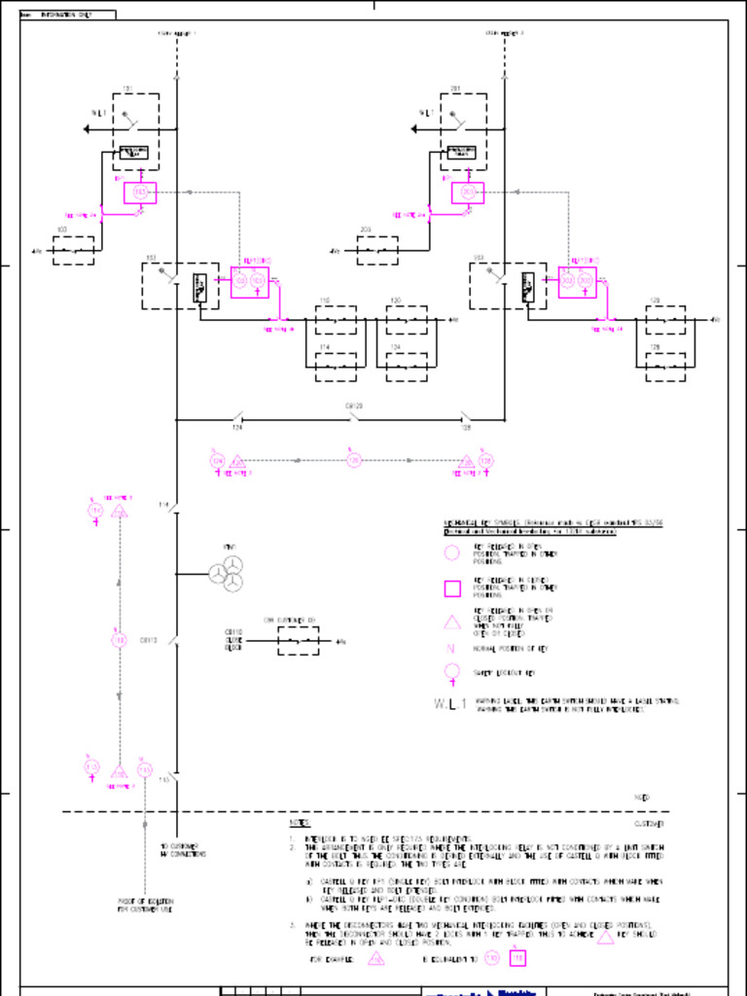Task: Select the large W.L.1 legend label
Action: (x=451, y=703)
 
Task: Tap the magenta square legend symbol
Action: (x=452, y=587)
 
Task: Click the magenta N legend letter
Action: (x=451, y=648)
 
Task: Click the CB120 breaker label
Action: (x=354, y=405)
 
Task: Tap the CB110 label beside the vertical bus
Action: (x=149, y=640)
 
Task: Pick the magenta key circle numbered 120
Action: (x=354, y=460)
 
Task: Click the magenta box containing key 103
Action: (x=140, y=193)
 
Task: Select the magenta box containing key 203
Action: (x=468, y=193)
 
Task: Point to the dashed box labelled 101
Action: (x=136, y=131)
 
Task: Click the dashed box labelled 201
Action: (x=464, y=131)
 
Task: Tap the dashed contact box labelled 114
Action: (x=336, y=367)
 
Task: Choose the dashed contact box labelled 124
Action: (x=407, y=367)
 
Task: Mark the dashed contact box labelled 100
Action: (x=73, y=251)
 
